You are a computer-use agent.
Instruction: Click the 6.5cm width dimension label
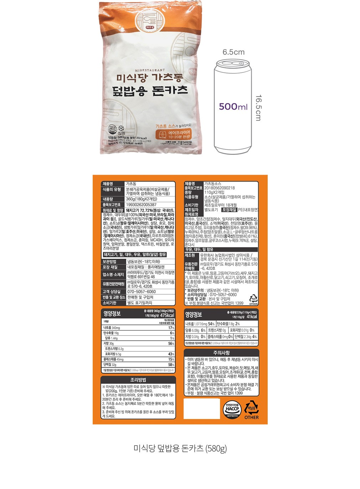233,52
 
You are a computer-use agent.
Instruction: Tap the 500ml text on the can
233,106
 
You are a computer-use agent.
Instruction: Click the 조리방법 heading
138,380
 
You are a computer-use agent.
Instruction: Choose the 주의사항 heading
221,353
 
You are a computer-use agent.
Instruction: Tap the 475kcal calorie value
167,316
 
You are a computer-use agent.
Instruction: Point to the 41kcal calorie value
252,317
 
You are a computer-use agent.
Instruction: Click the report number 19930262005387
141,205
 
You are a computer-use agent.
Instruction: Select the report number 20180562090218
220,188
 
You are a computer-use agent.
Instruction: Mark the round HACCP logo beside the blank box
232,409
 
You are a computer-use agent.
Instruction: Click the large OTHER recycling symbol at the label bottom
251,410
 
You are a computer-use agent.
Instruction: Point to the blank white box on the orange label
201,408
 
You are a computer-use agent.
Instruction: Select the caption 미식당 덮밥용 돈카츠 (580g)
180,448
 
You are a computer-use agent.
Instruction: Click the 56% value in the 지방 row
171,343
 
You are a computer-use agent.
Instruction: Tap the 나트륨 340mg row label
112,328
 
